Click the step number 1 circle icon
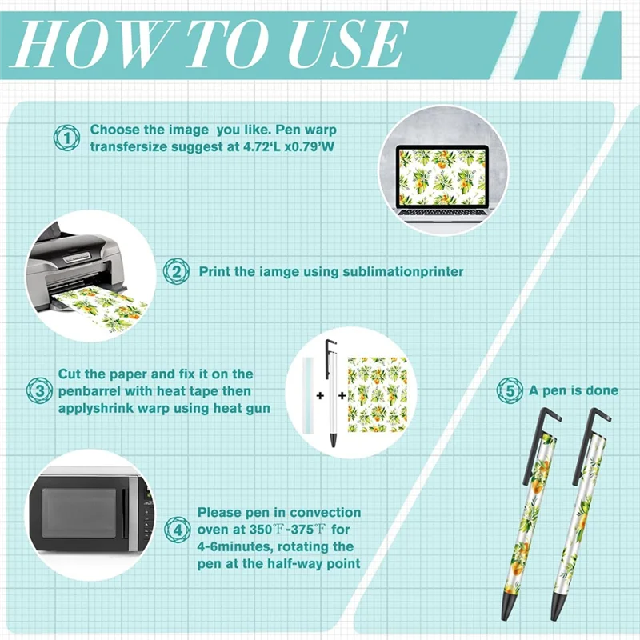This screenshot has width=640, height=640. click(66, 138)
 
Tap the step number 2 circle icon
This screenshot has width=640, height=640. click(176, 271)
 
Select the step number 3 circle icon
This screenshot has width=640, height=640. click(39, 390)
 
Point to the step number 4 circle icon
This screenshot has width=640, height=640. click(178, 530)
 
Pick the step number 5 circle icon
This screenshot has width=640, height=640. click(510, 390)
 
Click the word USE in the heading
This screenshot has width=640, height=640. click(347, 44)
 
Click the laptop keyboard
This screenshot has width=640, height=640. click(443, 214)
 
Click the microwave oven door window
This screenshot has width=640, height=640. click(78, 513)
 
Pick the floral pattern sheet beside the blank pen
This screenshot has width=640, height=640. click(378, 394)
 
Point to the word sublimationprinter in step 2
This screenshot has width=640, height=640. click(403, 272)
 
